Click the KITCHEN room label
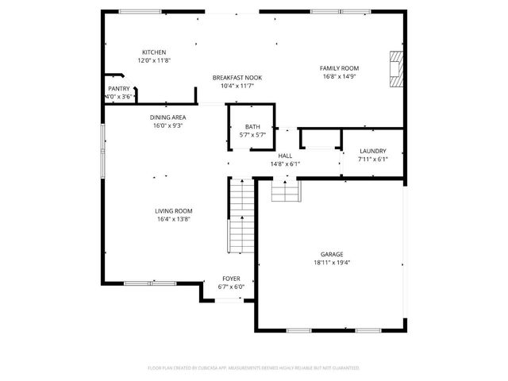[x=154, y=52]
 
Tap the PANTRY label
[x=118, y=89]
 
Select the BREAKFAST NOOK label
[x=237, y=77]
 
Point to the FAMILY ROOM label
[x=339, y=68]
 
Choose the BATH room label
[x=252, y=127]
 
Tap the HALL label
[x=286, y=156]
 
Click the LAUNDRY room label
[x=372, y=151]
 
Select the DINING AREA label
[x=167, y=117]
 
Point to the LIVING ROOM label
[x=173, y=210]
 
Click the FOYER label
[x=231, y=279]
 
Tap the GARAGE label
[x=332, y=254]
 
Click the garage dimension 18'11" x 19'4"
[x=332, y=263]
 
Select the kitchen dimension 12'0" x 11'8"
[x=154, y=60]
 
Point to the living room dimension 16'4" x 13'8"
[x=173, y=219]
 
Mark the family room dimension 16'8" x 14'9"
[x=339, y=77]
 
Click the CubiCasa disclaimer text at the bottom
[x=254, y=368]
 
